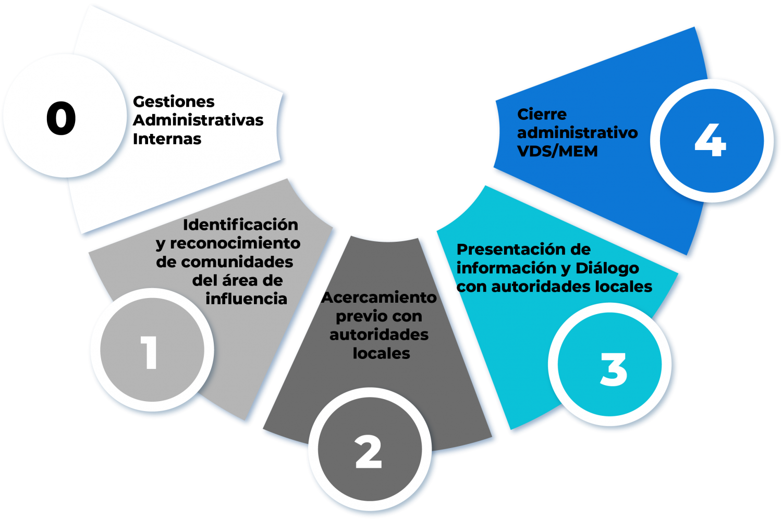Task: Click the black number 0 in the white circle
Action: (61, 118)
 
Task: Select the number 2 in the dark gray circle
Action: (368, 451)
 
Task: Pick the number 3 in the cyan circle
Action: (613, 369)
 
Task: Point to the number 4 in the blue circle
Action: (710, 140)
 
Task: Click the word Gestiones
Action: (174, 102)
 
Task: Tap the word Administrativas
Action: (198, 120)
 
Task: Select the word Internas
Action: (167, 139)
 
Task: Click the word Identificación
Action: (240, 225)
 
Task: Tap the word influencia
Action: (246, 299)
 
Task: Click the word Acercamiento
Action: (379, 297)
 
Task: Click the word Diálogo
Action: (607, 268)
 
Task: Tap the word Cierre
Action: (542, 114)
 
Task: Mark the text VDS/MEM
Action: (557, 151)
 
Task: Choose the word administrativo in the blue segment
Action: (577, 133)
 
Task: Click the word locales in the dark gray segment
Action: (381, 353)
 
